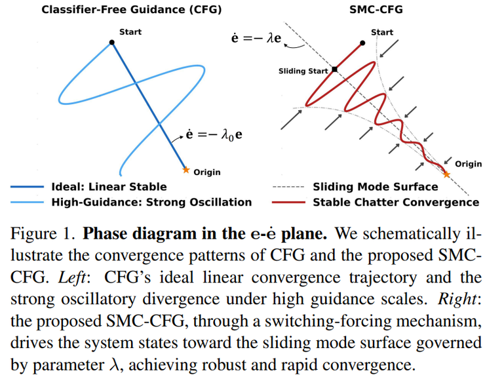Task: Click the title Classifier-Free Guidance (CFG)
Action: point(132,10)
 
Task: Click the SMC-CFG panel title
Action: point(376,10)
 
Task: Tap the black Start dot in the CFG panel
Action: point(112,43)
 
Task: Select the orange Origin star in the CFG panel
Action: point(185,170)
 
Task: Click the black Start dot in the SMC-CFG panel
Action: point(362,43)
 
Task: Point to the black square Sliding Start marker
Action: point(334,69)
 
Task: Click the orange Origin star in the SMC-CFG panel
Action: point(446,174)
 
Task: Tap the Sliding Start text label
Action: point(303,71)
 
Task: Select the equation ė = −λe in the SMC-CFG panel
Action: point(256,38)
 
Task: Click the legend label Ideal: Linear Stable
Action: point(109,187)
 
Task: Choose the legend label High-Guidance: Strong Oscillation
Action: point(151,203)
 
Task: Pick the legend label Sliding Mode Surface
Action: point(376,187)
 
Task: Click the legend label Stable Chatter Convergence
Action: point(396,203)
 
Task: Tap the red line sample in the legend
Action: point(288,203)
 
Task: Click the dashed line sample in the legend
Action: point(288,187)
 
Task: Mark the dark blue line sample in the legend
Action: point(28,187)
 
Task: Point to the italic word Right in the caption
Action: point(457,299)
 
